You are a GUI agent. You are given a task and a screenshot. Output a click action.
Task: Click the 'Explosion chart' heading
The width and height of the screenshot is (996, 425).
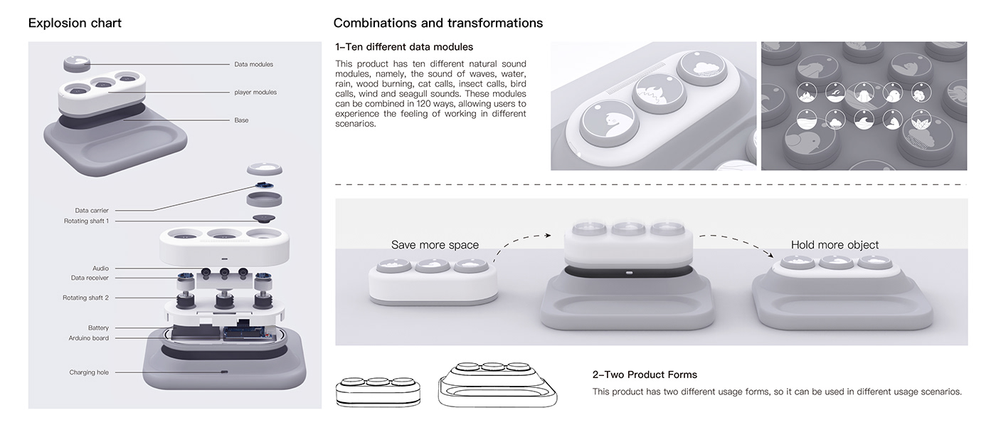click(x=75, y=23)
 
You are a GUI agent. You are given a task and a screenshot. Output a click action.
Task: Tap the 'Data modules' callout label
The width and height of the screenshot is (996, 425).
click(x=253, y=64)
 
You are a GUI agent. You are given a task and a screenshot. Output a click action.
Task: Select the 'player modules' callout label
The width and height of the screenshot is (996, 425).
click(x=255, y=92)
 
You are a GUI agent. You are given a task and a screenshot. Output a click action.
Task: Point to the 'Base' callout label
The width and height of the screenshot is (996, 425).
click(x=241, y=120)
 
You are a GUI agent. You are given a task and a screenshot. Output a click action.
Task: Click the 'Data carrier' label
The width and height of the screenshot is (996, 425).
click(x=92, y=211)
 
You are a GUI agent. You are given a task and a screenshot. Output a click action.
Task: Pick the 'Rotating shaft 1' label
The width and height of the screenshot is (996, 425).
click(x=86, y=221)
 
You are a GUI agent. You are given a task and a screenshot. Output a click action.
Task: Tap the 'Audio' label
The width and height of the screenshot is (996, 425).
click(x=100, y=268)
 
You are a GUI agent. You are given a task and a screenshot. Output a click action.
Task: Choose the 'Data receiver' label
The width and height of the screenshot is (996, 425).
click(x=90, y=278)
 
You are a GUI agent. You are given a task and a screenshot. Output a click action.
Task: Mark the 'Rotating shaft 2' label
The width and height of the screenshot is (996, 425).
click(x=85, y=298)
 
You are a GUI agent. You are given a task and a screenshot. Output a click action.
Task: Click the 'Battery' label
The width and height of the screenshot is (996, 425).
click(x=98, y=328)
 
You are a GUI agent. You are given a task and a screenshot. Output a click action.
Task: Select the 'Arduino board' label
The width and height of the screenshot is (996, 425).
click(x=88, y=338)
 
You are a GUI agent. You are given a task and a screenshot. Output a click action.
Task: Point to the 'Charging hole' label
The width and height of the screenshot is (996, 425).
click(x=89, y=372)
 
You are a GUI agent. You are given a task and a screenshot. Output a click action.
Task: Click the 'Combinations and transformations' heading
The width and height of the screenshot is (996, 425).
click(x=438, y=23)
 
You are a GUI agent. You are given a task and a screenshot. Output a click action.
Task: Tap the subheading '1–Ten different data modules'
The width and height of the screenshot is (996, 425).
click(x=404, y=47)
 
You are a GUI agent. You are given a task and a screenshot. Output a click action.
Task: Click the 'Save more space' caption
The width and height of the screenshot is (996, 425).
click(x=435, y=245)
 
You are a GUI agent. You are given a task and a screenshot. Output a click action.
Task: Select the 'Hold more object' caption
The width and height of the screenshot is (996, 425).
click(x=835, y=245)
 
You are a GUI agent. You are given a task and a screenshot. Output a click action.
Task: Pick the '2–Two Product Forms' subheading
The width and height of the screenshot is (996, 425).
click(x=645, y=374)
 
